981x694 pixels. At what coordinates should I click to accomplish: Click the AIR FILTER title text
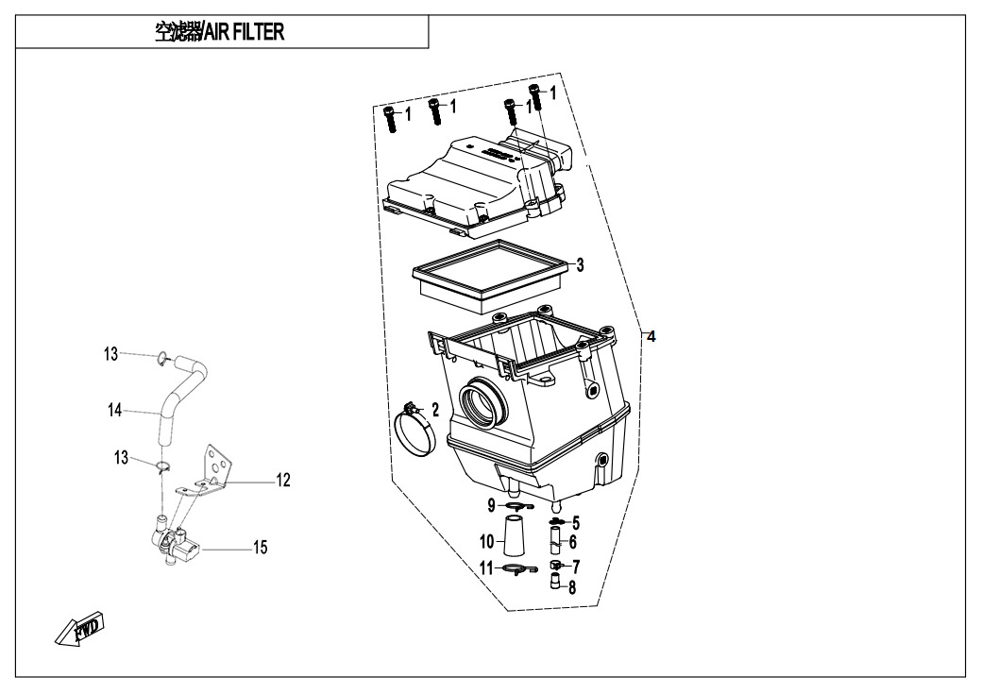point(219,32)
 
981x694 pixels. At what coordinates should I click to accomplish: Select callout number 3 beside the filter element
point(581,263)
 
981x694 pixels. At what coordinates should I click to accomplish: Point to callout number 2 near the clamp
point(435,409)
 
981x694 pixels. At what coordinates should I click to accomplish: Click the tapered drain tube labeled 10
point(514,541)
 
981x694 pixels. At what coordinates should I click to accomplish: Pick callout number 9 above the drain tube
point(492,506)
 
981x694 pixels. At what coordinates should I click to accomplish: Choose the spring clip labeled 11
point(515,568)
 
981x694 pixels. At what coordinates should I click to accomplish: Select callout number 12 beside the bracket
point(282,481)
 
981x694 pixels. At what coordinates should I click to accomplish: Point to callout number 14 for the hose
point(115,410)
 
